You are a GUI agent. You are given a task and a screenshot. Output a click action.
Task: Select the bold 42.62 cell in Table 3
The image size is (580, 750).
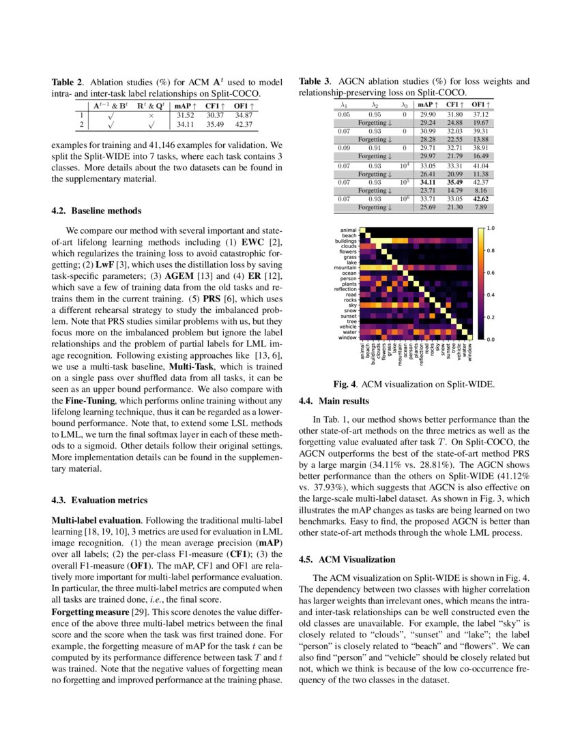(x=481, y=198)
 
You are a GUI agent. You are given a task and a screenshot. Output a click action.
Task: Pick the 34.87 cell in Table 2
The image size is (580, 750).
(x=244, y=115)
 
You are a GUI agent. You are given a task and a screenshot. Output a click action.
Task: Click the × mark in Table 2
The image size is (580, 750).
(x=151, y=115)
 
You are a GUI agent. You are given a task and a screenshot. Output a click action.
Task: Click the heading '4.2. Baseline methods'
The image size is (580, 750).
(x=96, y=211)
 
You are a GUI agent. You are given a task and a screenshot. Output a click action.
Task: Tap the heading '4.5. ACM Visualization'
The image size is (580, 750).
(x=347, y=559)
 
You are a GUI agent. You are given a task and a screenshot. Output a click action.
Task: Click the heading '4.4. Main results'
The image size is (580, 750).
(x=334, y=401)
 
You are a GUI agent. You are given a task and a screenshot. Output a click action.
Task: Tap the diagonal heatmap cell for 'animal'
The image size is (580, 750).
(x=363, y=231)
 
